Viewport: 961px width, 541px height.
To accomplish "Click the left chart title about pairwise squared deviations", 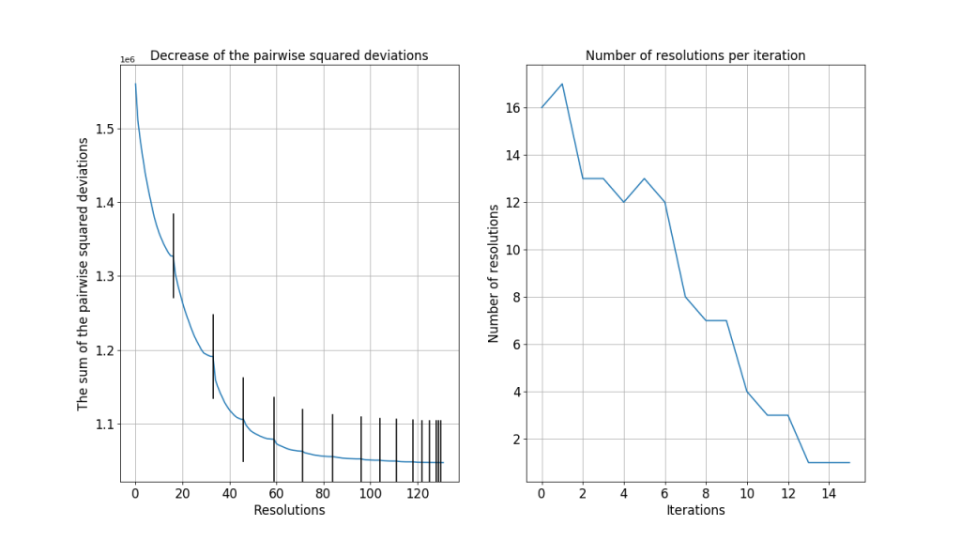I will (289, 55).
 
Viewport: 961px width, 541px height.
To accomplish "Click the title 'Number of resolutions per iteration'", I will (695, 55).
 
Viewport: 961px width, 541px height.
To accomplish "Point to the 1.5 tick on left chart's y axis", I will (104, 129).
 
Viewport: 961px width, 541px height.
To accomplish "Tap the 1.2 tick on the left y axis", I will (104, 350).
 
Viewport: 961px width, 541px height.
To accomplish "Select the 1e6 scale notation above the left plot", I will (128, 60).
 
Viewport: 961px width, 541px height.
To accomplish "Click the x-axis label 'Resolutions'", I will (289, 510).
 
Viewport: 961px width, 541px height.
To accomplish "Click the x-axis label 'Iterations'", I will (695, 510).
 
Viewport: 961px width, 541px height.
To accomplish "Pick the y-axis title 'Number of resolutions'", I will (494, 272).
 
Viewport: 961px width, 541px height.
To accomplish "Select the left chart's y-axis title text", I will (83, 272).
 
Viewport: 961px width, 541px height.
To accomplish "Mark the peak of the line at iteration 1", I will (562, 84).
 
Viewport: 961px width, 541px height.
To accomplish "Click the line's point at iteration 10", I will (747, 392).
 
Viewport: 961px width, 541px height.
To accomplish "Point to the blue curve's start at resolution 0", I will (135, 84).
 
